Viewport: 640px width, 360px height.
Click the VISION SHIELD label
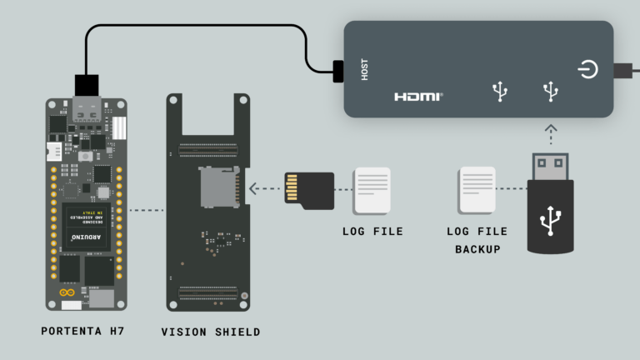click(x=210, y=332)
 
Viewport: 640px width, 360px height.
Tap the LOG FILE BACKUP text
click(x=477, y=240)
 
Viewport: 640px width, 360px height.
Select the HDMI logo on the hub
click(x=418, y=97)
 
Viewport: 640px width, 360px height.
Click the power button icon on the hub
click(x=587, y=69)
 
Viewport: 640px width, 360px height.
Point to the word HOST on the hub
click(x=364, y=69)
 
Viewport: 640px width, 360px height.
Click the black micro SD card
click(x=308, y=190)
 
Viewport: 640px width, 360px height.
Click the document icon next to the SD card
click(x=372, y=190)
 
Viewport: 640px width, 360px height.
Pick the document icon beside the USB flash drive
click(x=477, y=190)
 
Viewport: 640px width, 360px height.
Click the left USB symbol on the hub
click(x=500, y=91)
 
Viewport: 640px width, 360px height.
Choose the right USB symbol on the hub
click(x=550, y=91)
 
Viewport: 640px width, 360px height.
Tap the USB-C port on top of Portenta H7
click(x=86, y=108)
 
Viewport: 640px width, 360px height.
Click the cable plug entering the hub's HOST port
click(x=337, y=71)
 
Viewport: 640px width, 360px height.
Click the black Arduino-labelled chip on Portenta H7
click(x=87, y=227)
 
